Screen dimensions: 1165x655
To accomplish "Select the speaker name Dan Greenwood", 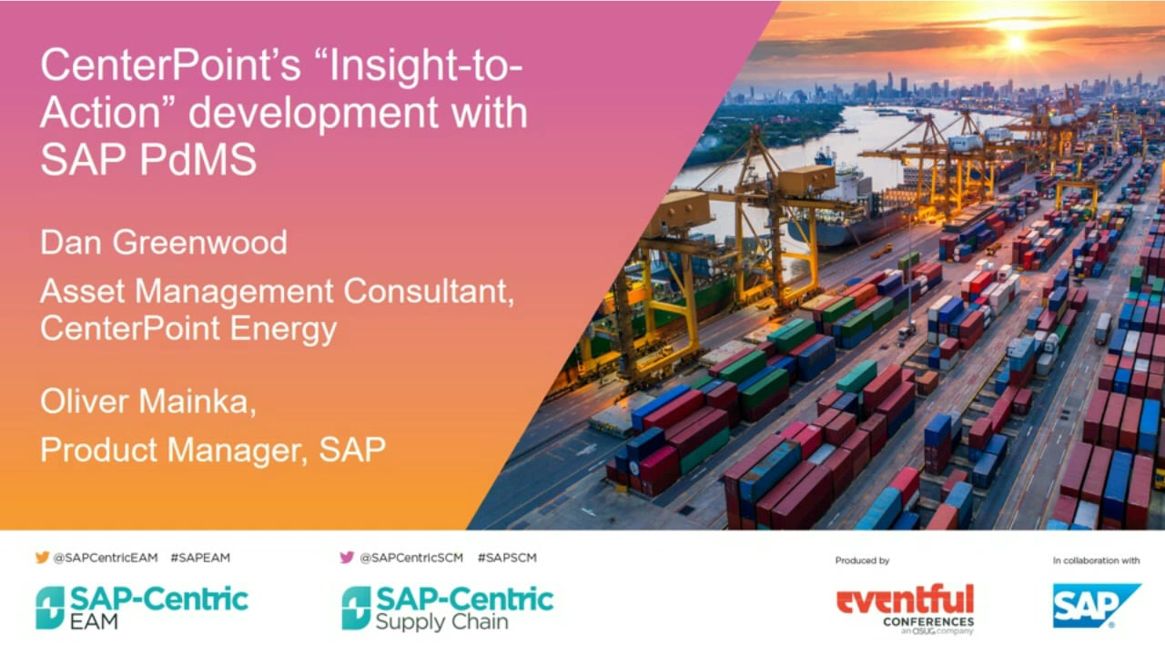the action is click(164, 242).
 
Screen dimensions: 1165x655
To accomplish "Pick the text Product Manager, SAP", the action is click(213, 449).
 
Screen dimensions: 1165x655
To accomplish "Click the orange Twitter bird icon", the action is click(43, 558).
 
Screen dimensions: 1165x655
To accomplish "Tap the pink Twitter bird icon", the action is click(347, 558).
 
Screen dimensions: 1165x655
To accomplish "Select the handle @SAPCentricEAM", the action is click(106, 558).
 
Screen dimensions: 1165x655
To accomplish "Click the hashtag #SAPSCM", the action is click(507, 558).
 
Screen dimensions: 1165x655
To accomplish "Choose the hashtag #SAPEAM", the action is click(200, 558).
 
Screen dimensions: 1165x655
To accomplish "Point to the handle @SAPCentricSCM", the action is click(411, 558).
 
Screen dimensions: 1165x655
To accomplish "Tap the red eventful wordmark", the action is click(905, 600).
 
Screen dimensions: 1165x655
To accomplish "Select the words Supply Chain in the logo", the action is click(441, 622).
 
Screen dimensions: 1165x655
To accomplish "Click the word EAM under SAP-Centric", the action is click(94, 621).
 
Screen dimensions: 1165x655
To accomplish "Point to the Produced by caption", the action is click(862, 560).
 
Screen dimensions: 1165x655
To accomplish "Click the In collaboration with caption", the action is click(1097, 560).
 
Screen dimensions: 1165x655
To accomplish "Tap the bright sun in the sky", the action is click(1016, 43).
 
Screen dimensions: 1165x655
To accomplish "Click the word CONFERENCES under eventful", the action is click(928, 621).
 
